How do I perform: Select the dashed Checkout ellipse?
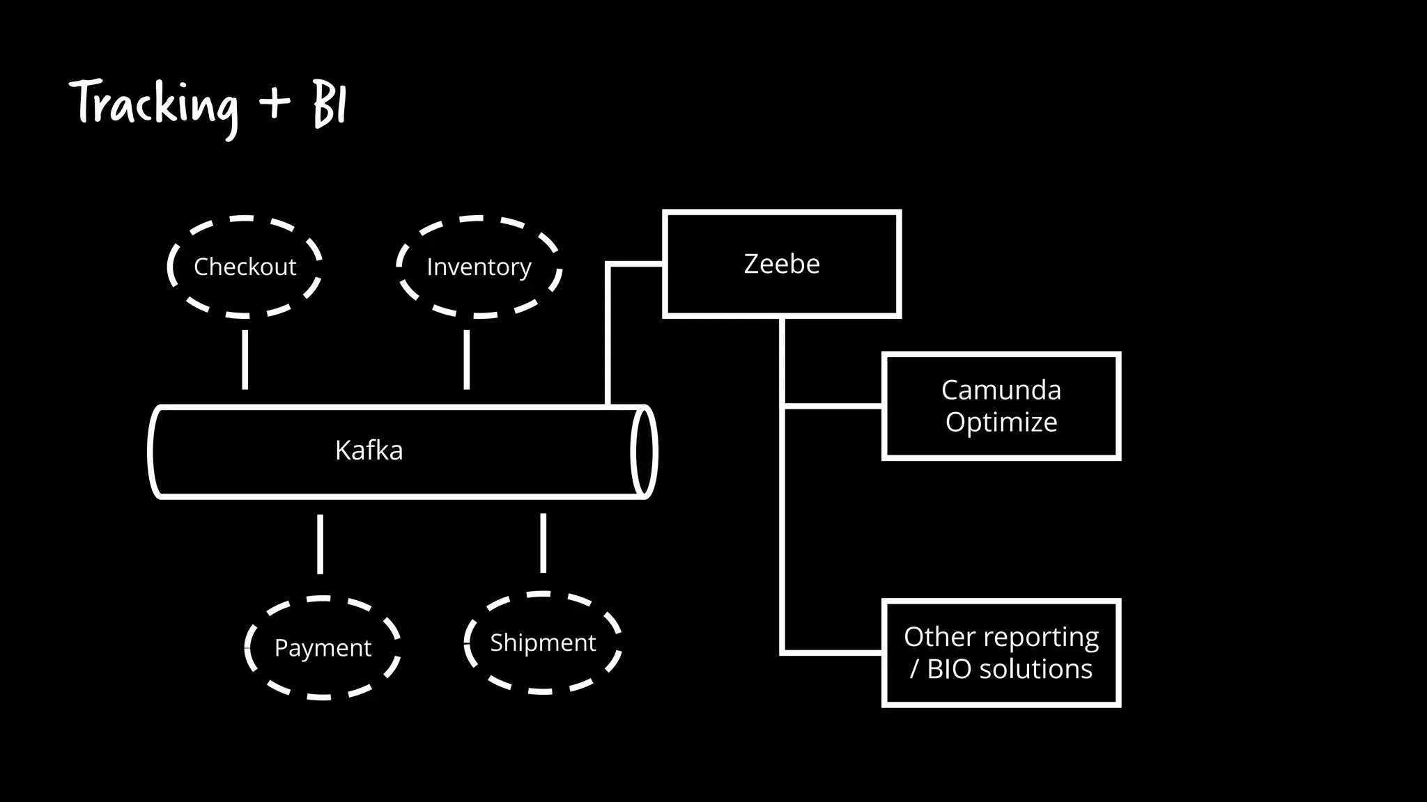tap(245, 267)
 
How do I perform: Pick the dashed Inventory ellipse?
tap(479, 267)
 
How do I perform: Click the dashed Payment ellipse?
tap(323, 647)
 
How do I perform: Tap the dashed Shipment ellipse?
tap(543, 642)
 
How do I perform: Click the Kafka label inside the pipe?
tap(369, 450)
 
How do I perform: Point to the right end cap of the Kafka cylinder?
tap(644, 451)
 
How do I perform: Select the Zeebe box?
tap(782, 264)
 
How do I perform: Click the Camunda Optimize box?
tap(1001, 406)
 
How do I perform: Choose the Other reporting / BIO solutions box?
tap(1001, 653)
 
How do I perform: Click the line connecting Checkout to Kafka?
tap(245, 359)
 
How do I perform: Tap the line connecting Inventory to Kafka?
tap(466, 359)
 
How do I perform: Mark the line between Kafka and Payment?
tap(320, 544)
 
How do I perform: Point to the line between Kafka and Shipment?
tap(543, 543)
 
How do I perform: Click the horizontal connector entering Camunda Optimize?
tap(833, 406)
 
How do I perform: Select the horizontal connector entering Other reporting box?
tap(833, 653)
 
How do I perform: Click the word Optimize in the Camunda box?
tap(1001, 422)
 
